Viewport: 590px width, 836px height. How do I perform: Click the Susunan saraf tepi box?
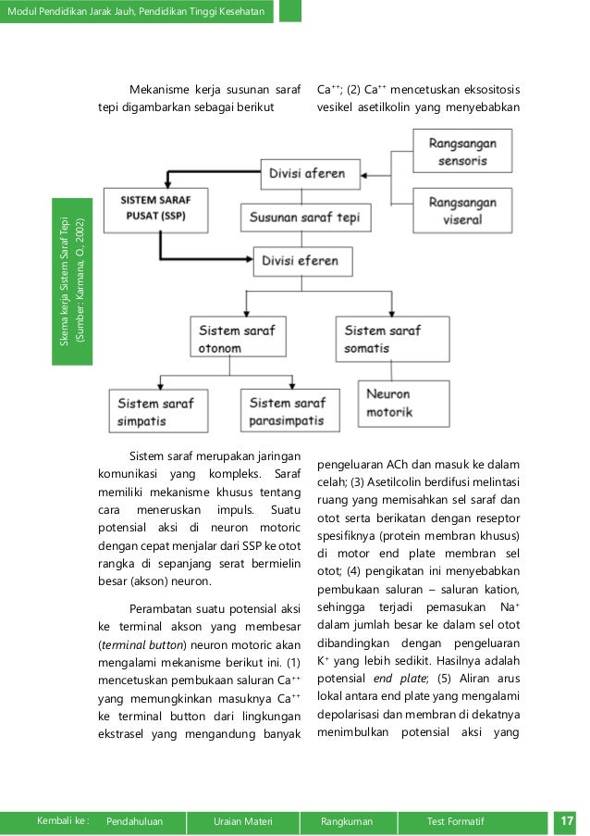point(306,218)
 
